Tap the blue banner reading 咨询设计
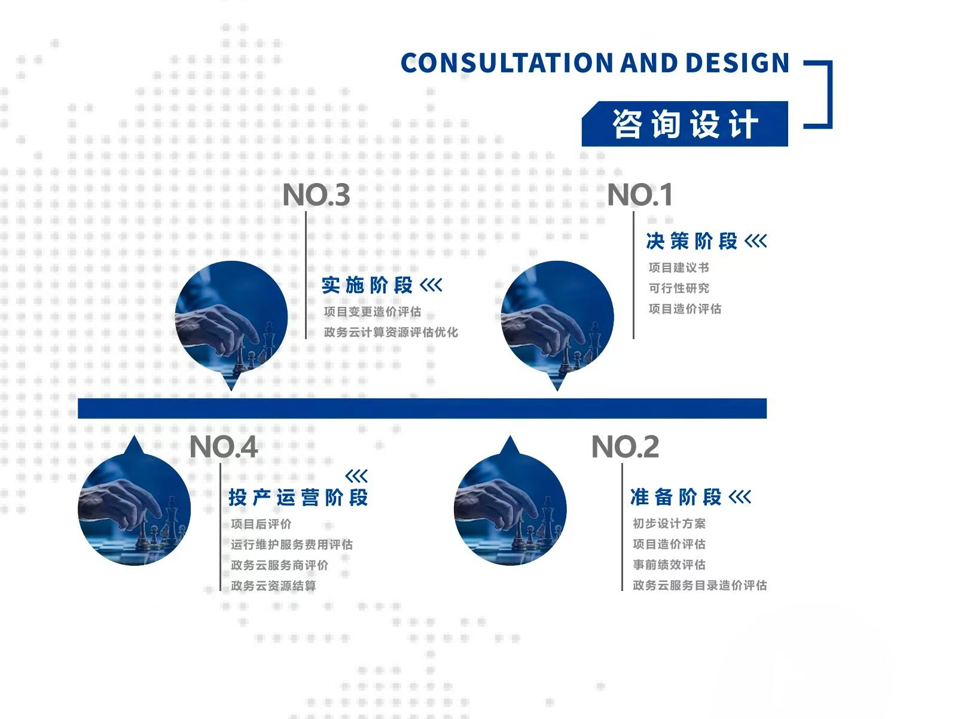point(685,124)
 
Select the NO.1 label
point(640,194)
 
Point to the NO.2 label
point(625,447)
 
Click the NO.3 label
point(316,194)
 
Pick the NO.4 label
point(224,447)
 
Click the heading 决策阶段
point(692,241)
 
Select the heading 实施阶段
point(367,285)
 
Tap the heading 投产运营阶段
point(298,498)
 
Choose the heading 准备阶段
point(676,497)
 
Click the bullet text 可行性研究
point(679,288)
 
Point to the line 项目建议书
point(679,267)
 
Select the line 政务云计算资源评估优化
point(391,332)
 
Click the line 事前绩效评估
point(669,565)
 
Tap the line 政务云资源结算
point(274,586)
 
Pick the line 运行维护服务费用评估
point(292,544)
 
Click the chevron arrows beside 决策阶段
point(756,241)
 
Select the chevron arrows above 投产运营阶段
point(356,476)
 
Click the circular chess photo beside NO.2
point(510,508)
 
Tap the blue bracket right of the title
point(831,95)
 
